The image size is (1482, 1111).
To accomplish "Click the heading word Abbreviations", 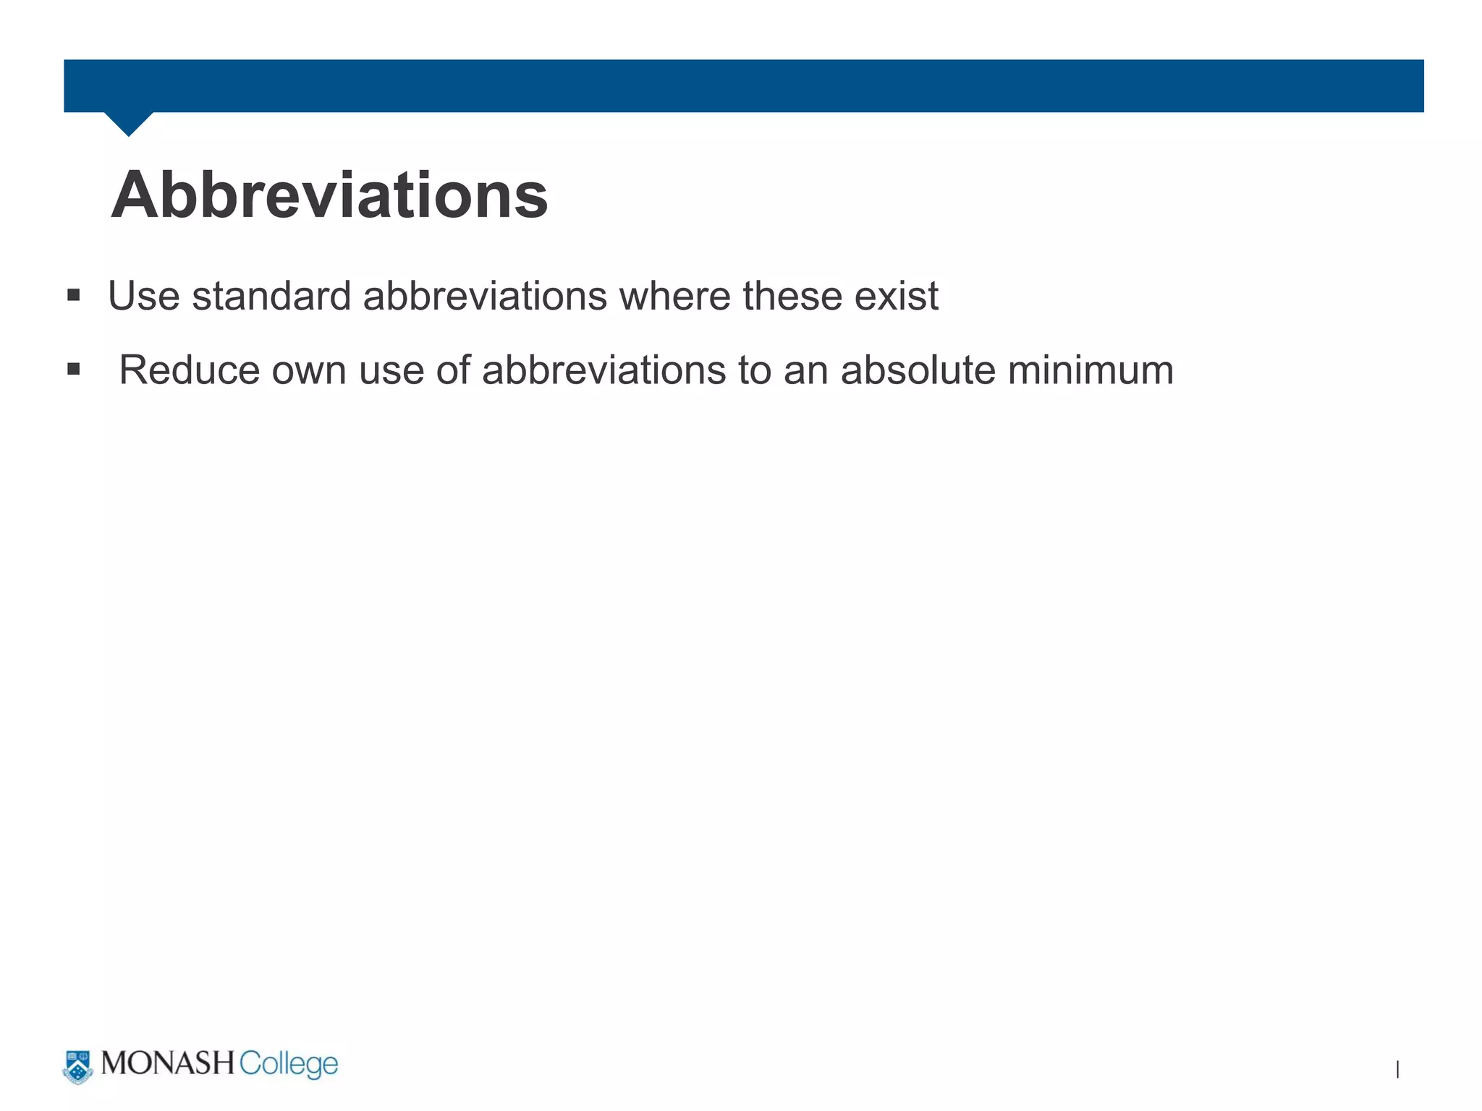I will (329, 195).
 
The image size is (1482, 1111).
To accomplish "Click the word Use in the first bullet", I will (143, 296).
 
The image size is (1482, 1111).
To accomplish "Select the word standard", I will (271, 296).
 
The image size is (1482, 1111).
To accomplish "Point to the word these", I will (792, 296).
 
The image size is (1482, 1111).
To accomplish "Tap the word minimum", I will (1091, 370).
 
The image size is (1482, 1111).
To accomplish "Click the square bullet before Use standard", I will (73, 295).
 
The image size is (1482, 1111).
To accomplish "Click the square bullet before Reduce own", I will (73, 369).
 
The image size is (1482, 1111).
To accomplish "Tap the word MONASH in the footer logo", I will (168, 1063).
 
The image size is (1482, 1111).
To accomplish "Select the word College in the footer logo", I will (288, 1065).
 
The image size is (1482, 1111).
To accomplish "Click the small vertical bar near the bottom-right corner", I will (1397, 1069).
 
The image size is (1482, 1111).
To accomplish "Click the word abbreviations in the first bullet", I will (485, 296).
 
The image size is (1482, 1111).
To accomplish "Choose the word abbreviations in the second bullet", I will (604, 370).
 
